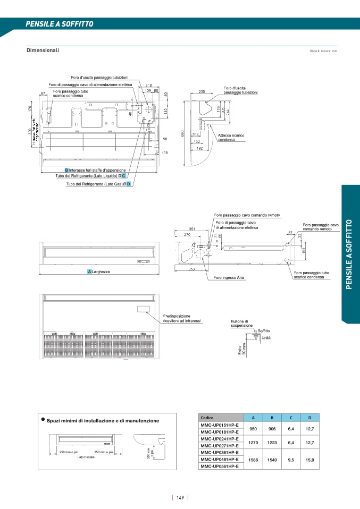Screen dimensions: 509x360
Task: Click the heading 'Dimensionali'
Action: pos(43,50)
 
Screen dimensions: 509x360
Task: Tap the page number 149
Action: pos(180,498)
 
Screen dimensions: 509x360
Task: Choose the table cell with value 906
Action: pos(272,429)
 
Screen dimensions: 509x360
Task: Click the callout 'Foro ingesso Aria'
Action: pos(229,277)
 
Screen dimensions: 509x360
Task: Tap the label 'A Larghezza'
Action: pos(99,272)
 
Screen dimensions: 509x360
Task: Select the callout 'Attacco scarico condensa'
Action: pos(231,138)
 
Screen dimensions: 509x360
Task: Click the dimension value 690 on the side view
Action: pos(182,134)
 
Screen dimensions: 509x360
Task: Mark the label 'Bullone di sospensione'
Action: pos(241,324)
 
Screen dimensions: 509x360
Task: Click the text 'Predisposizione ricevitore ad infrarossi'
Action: pos(181,319)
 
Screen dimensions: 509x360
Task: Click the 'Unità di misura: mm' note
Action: pos(323,51)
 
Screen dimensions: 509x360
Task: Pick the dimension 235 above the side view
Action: pos(202,92)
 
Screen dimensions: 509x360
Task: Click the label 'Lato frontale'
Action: pos(86,457)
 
